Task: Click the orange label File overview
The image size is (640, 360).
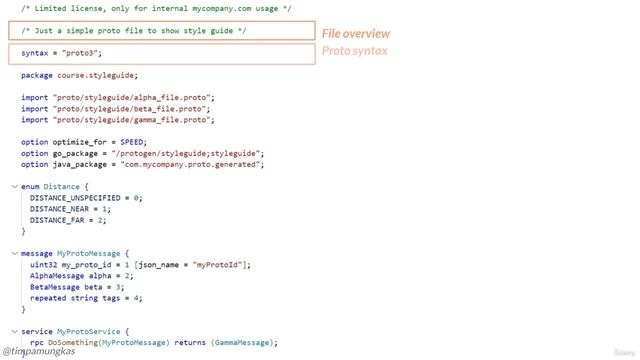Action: click(x=356, y=33)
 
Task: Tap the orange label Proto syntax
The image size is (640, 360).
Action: click(x=355, y=50)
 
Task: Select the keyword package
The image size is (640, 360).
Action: click(x=37, y=75)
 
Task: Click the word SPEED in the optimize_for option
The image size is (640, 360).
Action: click(x=132, y=142)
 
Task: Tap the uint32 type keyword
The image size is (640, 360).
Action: click(x=43, y=265)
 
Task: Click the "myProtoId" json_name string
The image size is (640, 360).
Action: click(x=218, y=265)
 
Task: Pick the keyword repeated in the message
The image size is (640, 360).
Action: click(x=48, y=298)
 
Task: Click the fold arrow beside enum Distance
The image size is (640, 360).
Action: click(x=14, y=186)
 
